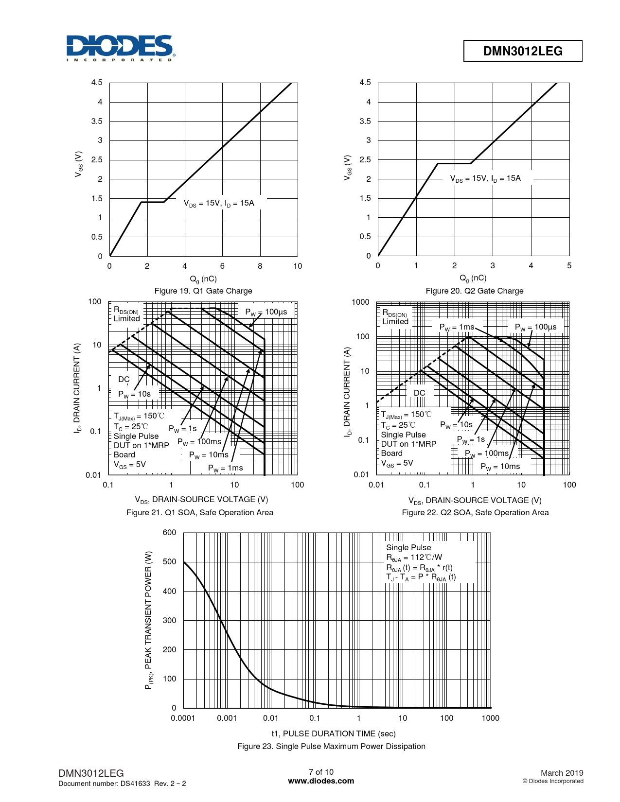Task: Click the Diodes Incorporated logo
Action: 120,48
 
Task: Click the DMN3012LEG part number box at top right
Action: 523,51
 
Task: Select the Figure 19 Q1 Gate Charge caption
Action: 203,291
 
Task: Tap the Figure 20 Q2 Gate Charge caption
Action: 475,291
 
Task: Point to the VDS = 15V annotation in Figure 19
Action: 219,203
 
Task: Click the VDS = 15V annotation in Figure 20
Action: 485,178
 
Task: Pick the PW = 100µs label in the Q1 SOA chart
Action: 266,312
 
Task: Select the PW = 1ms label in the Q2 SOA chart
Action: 457,327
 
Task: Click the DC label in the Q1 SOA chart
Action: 124,379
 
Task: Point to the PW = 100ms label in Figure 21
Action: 199,442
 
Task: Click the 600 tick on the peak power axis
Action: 169,532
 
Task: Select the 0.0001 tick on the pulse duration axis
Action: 183,718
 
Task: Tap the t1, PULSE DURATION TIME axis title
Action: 334,733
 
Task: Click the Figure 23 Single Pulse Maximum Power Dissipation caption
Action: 331,746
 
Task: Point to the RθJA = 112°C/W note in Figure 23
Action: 414,558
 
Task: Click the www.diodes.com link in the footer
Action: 321,781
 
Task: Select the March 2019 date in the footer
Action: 562,773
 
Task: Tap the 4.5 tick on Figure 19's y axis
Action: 97,83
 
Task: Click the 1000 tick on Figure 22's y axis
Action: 360,302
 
